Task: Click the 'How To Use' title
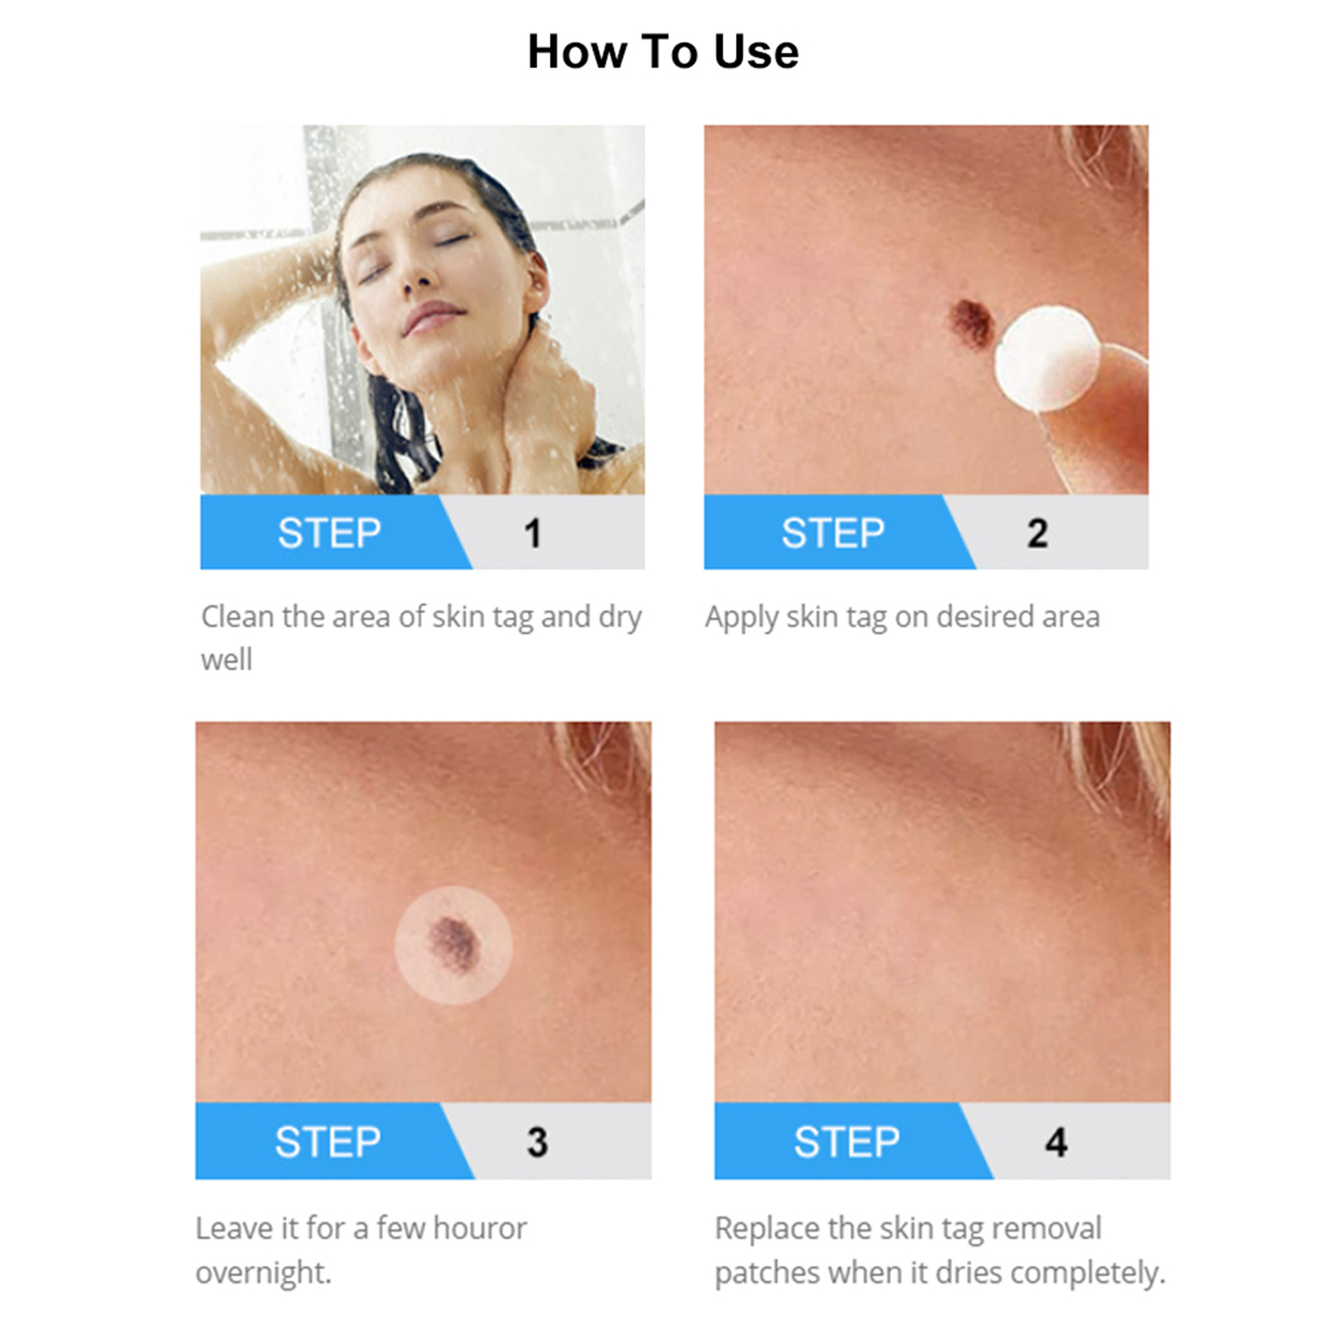point(663,51)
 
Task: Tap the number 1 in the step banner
point(533,533)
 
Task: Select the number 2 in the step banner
point(1037,533)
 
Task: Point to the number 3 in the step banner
point(537,1142)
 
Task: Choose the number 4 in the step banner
point(1057,1142)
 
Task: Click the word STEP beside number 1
point(329,533)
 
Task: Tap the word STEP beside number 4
point(846,1142)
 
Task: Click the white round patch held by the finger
point(1047,358)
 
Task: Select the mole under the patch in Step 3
point(453,943)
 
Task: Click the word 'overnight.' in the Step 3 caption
point(263,1273)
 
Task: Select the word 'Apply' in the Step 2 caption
point(742,618)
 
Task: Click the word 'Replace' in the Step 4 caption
point(767,1228)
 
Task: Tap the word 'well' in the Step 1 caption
point(226,660)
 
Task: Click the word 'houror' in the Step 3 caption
point(479,1228)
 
